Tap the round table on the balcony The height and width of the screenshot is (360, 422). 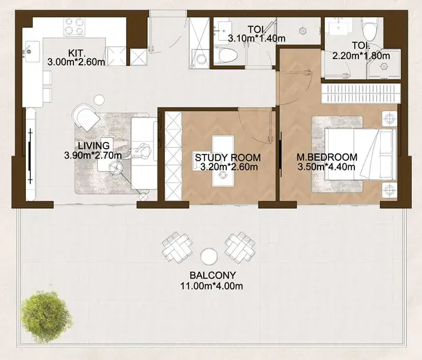[209, 255]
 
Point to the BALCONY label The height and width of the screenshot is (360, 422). [212, 275]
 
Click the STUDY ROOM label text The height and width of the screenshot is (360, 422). [228, 157]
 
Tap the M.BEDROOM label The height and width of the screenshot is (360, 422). [327, 157]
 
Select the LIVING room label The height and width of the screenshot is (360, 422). [94, 145]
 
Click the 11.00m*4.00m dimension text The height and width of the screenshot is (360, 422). [211, 286]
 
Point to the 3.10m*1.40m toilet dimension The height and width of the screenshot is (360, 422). [257, 38]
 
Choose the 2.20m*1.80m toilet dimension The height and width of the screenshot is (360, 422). [361, 56]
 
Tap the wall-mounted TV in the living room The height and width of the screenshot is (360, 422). [30, 156]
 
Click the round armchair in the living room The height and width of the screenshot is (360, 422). [85, 117]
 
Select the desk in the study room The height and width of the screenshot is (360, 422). [223, 161]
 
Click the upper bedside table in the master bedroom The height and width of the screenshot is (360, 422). [389, 118]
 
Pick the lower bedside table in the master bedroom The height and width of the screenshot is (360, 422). [389, 190]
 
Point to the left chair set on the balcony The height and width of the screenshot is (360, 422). [178, 247]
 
